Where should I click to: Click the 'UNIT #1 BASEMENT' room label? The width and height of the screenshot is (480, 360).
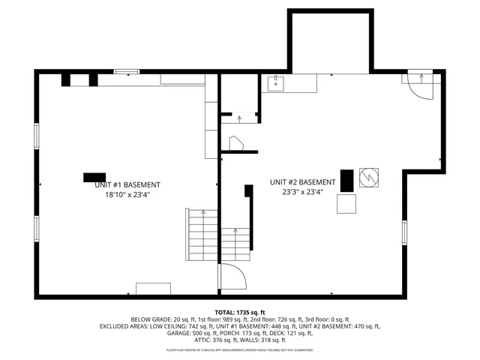(132, 184)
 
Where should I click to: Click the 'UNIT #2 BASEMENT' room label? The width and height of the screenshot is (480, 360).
(303, 182)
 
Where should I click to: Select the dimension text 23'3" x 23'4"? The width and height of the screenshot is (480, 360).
(303, 191)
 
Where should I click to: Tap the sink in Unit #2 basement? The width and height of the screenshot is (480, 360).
(276, 82)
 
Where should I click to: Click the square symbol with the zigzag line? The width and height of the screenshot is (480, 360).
(369, 176)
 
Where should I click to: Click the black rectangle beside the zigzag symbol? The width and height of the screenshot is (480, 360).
(346, 180)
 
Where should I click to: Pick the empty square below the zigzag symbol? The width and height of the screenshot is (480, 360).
(347, 204)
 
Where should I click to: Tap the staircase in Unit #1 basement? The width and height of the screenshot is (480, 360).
(202, 234)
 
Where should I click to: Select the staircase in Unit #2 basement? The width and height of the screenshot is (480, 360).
(234, 245)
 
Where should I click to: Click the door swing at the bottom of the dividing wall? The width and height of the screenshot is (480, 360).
(232, 277)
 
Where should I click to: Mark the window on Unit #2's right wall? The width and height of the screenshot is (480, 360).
(403, 232)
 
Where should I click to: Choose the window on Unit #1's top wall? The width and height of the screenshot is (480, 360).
(127, 72)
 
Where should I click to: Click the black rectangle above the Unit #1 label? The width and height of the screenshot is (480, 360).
(94, 177)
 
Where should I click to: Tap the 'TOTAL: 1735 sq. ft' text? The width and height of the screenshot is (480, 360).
(240, 311)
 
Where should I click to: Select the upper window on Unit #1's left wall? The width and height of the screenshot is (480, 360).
(36, 135)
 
